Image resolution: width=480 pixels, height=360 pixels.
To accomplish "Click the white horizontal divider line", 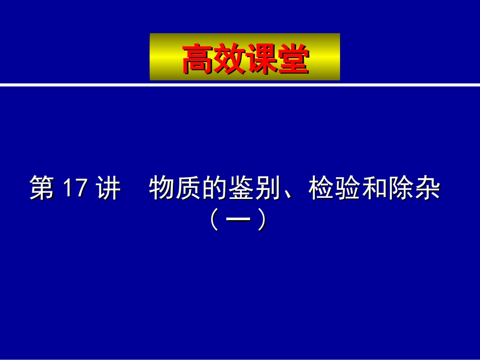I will pos(240,84).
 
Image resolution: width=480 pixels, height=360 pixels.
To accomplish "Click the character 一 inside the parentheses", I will pos(237,220).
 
